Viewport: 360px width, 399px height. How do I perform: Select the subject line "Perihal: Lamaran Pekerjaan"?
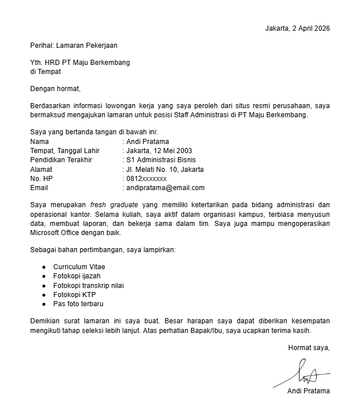(x=74, y=45)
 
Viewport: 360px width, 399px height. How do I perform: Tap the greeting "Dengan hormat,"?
(x=56, y=88)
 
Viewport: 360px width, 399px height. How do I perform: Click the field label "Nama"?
(x=39, y=142)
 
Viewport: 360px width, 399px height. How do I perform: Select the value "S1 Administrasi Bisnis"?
(x=162, y=160)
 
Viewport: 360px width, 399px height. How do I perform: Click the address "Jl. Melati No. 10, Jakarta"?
(x=165, y=169)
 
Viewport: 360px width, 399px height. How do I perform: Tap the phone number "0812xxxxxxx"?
(x=146, y=178)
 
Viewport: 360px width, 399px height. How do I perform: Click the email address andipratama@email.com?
(x=165, y=187)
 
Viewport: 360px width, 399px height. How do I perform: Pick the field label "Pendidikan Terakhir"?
(x=61, y=160)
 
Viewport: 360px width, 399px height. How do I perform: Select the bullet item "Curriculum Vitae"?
(x=79, y=266)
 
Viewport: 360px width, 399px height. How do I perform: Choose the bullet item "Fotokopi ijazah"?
(x=77, y=276)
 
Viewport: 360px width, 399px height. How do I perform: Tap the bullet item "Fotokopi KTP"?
(x=75, y=294)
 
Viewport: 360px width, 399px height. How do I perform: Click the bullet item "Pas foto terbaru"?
(x=79, y=304)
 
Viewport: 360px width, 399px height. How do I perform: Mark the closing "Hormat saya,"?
(x=309, y=347)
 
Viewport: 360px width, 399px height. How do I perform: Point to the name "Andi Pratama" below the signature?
(x=309, y=390)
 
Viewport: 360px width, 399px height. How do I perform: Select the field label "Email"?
(x=39, y=187)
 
